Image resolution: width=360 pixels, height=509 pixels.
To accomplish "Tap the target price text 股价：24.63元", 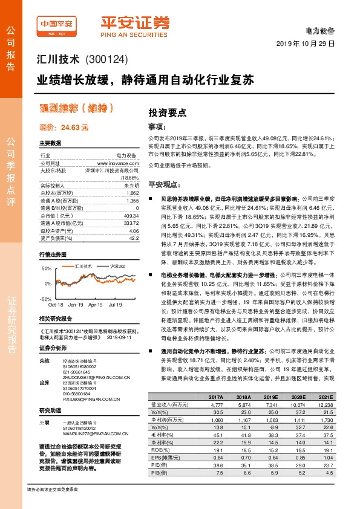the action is pyautogui.click(x=64, y=128).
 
